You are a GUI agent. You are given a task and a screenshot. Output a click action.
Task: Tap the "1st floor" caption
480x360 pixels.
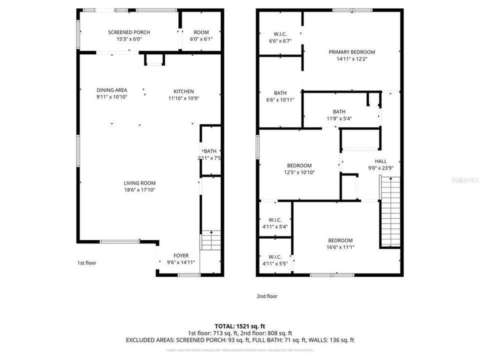[86, 262]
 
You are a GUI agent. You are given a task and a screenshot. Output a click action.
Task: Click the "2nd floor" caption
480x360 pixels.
[267, 296]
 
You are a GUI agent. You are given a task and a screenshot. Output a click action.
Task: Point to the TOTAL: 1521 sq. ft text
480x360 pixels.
[240, 325]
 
